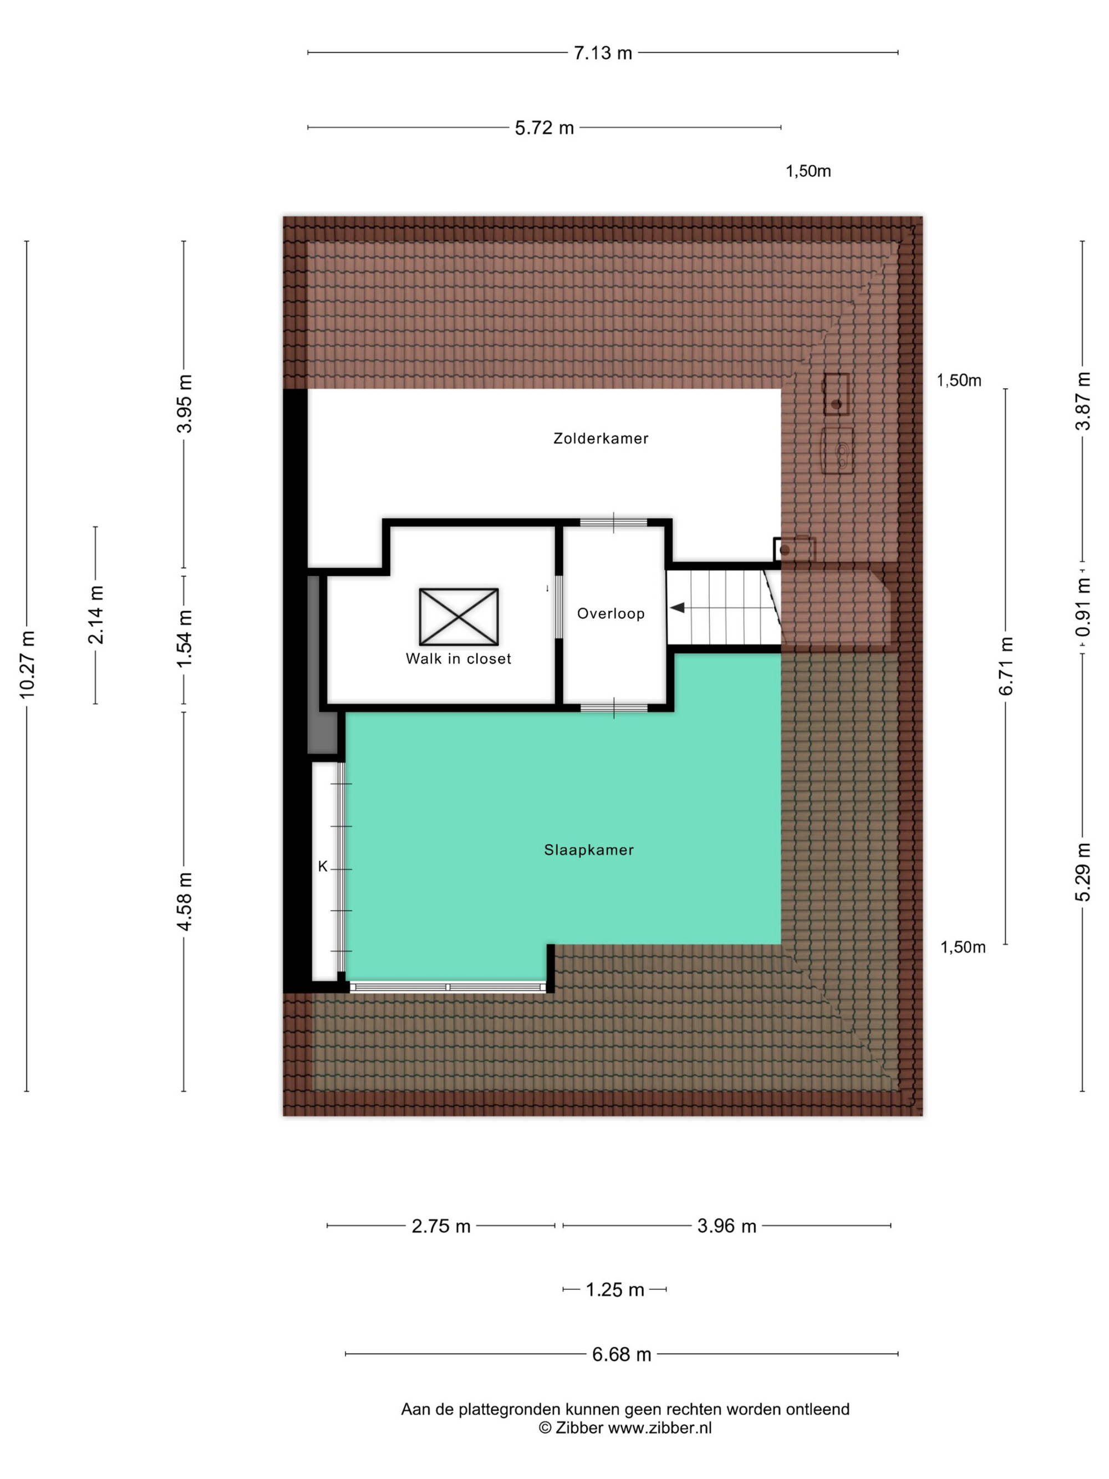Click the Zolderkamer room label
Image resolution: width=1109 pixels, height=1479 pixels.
(601, 439)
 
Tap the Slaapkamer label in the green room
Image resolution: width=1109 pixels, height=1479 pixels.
(588, 850)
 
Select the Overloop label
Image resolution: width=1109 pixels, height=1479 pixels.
(611, 614)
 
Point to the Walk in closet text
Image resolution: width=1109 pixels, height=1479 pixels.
(458, 659)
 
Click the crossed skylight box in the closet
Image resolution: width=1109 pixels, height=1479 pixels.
(459, 617)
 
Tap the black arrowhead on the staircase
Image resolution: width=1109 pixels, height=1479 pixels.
(677, 608)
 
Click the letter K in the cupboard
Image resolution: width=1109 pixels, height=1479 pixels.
(323, 867)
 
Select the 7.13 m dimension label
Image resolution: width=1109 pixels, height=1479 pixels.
(602, 53)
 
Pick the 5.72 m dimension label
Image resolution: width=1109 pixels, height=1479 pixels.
(544, 128)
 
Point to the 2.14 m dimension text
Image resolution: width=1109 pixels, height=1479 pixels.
(95, 614)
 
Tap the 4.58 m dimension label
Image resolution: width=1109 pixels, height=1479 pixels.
(184, 901)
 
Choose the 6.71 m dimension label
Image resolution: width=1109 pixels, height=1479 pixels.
(1005, 666)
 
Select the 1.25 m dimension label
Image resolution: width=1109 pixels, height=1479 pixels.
(614, 1290)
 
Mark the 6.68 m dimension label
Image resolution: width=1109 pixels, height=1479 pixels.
(621, 1355)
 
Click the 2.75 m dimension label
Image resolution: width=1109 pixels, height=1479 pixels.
(440, 1226)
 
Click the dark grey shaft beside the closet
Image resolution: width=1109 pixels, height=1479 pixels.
(322, 665)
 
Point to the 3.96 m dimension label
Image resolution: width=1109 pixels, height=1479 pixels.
(726, 1226)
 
